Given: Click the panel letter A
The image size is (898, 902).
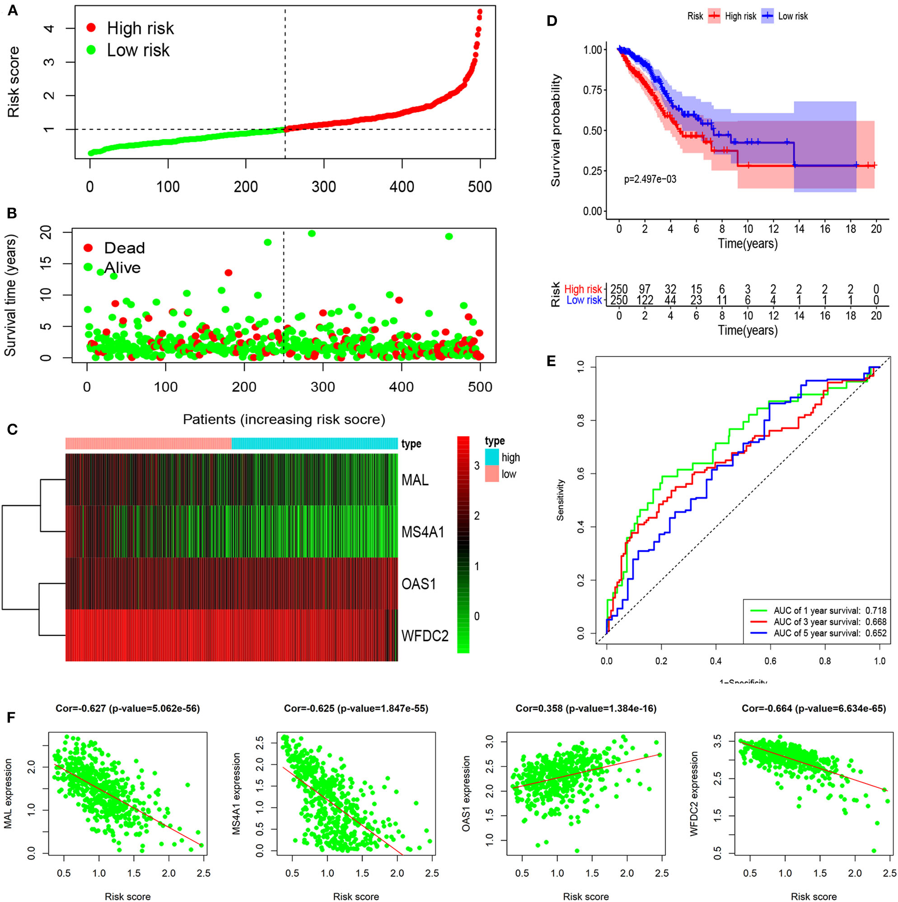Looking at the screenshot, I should point(12,10).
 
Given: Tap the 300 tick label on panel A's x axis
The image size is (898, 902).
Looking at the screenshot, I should point(323,187).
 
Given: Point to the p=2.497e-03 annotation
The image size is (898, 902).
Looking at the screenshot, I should point(650,179).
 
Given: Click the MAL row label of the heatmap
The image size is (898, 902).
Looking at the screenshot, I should point(415,479).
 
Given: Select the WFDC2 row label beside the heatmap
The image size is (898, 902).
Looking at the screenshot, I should point(425,635).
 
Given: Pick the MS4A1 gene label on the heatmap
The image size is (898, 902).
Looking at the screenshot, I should point(423,532).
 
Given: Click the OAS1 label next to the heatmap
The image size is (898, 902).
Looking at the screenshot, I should point(419,583).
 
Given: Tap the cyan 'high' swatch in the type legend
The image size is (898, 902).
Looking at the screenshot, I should point(492,457).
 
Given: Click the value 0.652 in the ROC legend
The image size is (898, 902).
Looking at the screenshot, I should point(875,633).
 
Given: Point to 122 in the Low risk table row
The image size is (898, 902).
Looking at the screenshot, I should point(645,300).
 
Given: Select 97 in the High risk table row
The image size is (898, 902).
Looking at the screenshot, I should point(645,290).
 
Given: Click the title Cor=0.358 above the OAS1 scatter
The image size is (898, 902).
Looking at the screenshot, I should point(586,709).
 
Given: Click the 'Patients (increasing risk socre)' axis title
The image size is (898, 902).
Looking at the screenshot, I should point(284,419).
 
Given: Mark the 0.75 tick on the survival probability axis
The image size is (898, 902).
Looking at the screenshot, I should point(592,90).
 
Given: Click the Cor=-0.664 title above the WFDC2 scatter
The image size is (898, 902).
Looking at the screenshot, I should point(814,709).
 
